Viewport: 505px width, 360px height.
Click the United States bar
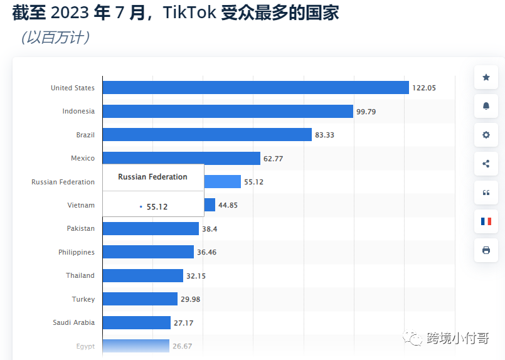(255, 88)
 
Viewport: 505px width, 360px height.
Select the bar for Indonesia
(228, 111)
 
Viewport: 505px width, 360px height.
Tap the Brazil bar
(207, 135)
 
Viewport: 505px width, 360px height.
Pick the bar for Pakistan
(151, 228)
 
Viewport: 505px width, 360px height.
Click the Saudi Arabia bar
(136, 322)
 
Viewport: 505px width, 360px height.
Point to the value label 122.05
(424, 88)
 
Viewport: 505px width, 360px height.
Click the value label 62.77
(274, 159)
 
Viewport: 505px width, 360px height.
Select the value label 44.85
(228, 205)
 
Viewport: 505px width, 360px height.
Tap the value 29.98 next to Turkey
(191, 299)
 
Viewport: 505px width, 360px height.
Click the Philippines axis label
(77, 252)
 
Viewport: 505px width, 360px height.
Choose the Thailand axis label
(80, 275)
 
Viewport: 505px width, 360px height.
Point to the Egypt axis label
(85, 346)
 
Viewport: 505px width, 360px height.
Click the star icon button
(486, 77)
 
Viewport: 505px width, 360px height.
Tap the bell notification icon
(486, 106)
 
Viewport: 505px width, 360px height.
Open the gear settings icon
(486, 135)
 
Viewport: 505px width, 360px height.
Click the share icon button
(486, 164)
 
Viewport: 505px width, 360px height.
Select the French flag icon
(486, 221)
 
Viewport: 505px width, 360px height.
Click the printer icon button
(486, 250)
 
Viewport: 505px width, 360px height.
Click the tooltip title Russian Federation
(152, 177)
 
